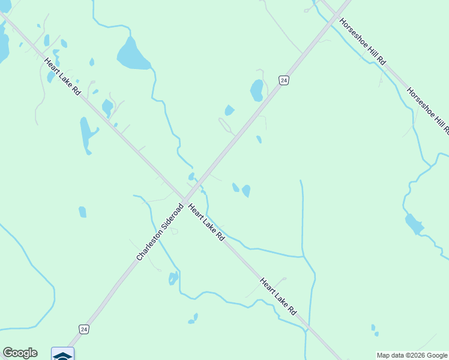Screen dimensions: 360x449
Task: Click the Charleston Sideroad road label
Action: pos(159,232)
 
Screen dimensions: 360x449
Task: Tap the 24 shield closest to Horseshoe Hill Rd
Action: pos(284,80)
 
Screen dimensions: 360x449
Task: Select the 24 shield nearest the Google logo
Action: pos(84,329)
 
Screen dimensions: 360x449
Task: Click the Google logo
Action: pos(20,353)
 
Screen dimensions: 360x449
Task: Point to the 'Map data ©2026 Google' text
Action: pos(412,355)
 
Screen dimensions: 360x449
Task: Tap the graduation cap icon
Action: pos(62,355)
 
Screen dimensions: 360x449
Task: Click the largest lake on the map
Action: pos(133,55)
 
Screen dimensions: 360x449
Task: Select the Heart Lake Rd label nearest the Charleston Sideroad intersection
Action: pos(206,222)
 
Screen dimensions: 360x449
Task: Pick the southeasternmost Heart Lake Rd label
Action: pos(279,296)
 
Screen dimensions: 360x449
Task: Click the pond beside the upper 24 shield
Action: pos(256,91)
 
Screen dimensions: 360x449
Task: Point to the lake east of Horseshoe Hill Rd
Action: pos(414,224)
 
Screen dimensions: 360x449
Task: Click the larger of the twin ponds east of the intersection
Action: pos(246,191)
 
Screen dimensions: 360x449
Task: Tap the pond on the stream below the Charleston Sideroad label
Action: pos(173,278)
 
